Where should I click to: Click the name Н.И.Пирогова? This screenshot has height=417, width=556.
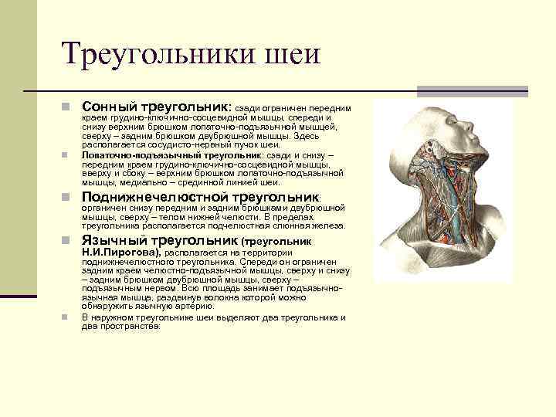(120, 252)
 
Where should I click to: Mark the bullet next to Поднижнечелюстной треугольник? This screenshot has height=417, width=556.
(67, 198)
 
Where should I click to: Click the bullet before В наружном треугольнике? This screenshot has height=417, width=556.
(67, 317)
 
